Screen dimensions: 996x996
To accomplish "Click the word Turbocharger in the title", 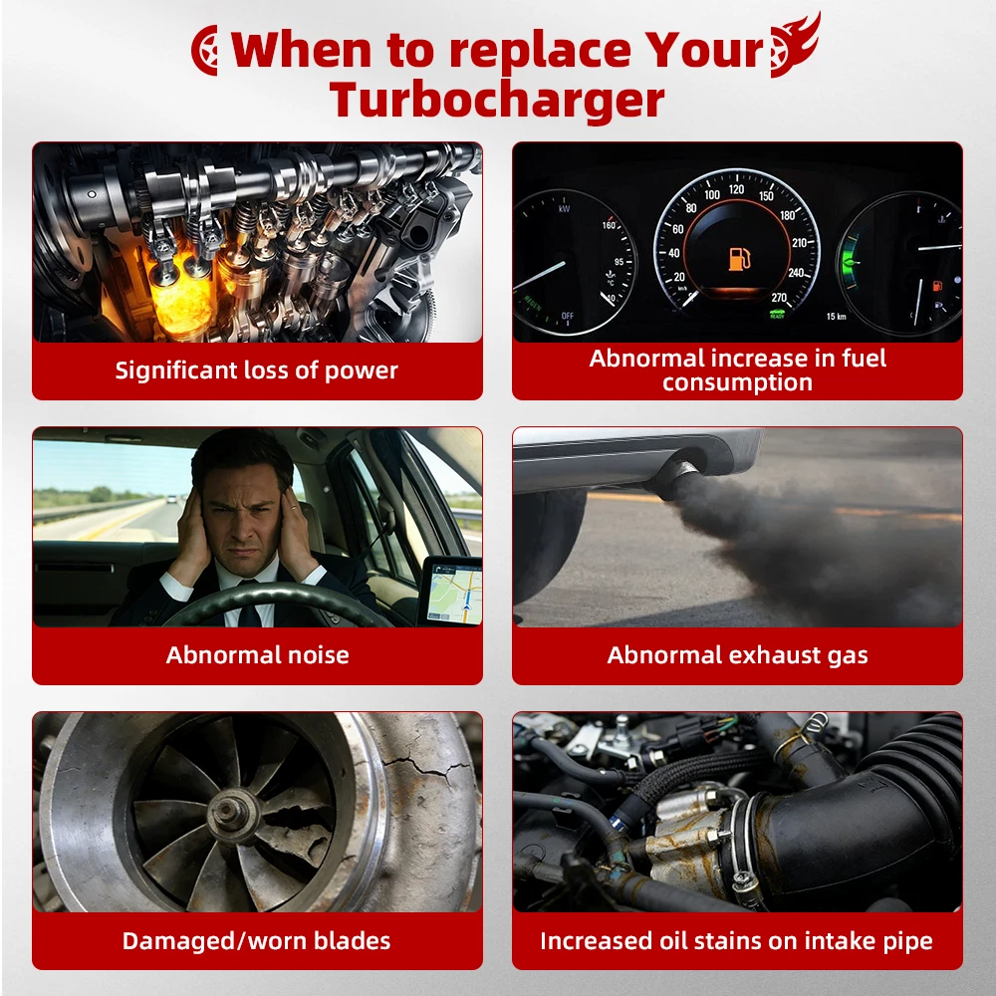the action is click(497, 101).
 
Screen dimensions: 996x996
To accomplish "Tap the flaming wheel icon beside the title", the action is click(794, 45).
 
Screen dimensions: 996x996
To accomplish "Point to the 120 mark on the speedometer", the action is click(736, 189).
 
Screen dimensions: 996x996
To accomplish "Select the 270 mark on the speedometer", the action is click(779, 298).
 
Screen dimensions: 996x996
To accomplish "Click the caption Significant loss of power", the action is click(257, 371).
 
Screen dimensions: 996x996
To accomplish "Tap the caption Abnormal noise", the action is click(257, 655).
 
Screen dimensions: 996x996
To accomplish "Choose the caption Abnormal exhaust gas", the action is click(737, 655).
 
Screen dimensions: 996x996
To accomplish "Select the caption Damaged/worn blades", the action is click(256, 941).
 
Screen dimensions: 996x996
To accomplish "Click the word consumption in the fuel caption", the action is click(737, 383).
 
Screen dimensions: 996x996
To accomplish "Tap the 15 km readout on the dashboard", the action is click(836, 317).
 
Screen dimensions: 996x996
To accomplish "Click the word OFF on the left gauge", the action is click(568, 316).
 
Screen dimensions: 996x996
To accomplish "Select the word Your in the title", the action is click(703, 49).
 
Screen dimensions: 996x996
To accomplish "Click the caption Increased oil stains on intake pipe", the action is click(736, 941).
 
